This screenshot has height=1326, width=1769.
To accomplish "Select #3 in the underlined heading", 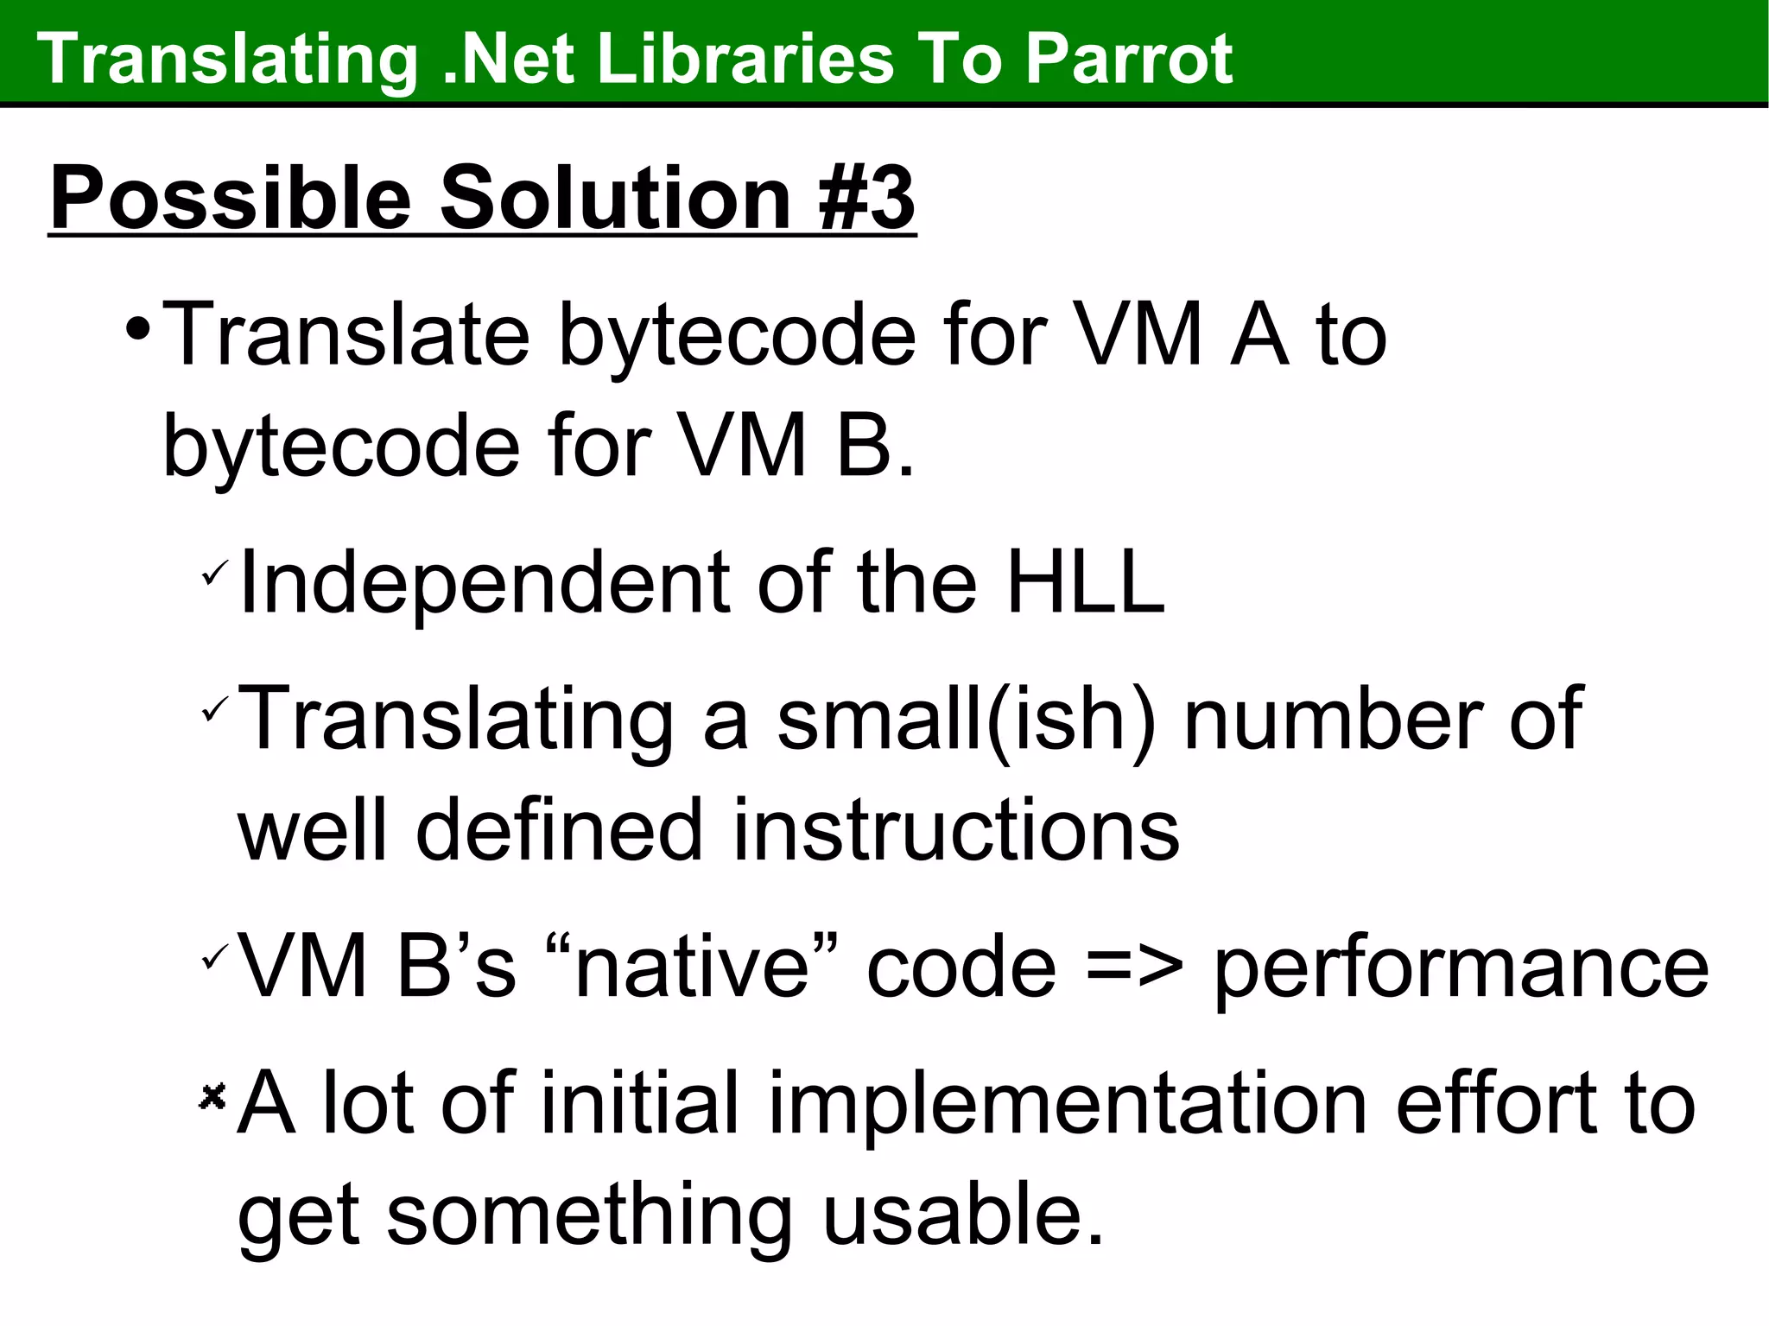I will [x=866, y=198].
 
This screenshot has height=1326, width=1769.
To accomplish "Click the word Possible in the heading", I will [x=231, y=200].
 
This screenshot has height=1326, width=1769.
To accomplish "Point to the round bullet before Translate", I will [x=137, y=330].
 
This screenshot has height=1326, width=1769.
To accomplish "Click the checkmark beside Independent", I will [x=213, y=574].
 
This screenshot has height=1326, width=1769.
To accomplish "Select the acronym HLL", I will [x=1085, y=583].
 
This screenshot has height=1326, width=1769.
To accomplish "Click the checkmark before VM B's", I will [x=213, y=956].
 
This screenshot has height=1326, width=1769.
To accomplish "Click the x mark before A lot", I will [x=212, y=1096].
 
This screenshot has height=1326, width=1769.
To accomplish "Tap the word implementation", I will [x=1068, y=1104].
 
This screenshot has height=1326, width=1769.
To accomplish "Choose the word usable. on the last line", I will [x=962, y=1214].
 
